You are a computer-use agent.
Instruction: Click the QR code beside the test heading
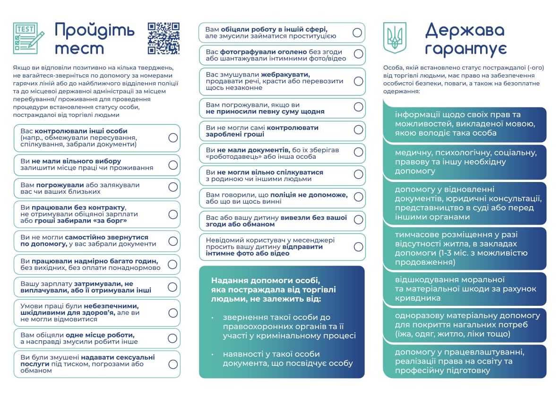click(164, 38)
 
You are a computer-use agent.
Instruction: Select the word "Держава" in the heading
click(465, 30)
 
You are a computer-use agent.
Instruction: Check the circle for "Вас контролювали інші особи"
click(173, 138)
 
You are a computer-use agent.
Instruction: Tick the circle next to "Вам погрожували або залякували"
click(173, 188)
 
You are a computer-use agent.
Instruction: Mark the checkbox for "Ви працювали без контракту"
click(173, 214)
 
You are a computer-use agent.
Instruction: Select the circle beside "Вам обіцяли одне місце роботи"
click(173, 338)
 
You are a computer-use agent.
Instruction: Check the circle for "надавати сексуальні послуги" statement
click(173, 364)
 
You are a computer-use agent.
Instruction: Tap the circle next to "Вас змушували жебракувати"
click(358, 81)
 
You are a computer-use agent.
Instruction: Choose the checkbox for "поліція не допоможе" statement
click(358, 198)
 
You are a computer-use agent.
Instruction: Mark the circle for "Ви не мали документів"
click(358, 152)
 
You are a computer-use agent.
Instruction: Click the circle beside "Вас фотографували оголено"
click(358, 54)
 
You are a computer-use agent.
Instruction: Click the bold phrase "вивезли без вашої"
click(314, 218)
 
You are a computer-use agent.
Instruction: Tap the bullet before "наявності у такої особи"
click(213, 355)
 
